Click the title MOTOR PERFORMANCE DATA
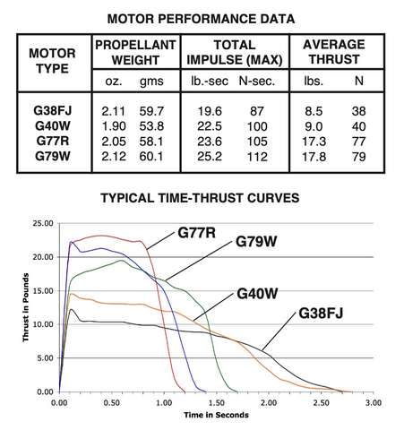point(202,15)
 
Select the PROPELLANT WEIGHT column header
point(137,52)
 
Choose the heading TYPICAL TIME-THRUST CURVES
point(201,197)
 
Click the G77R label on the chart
point(194,233)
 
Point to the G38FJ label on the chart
point(322,314)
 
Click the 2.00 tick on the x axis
point(268,402)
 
